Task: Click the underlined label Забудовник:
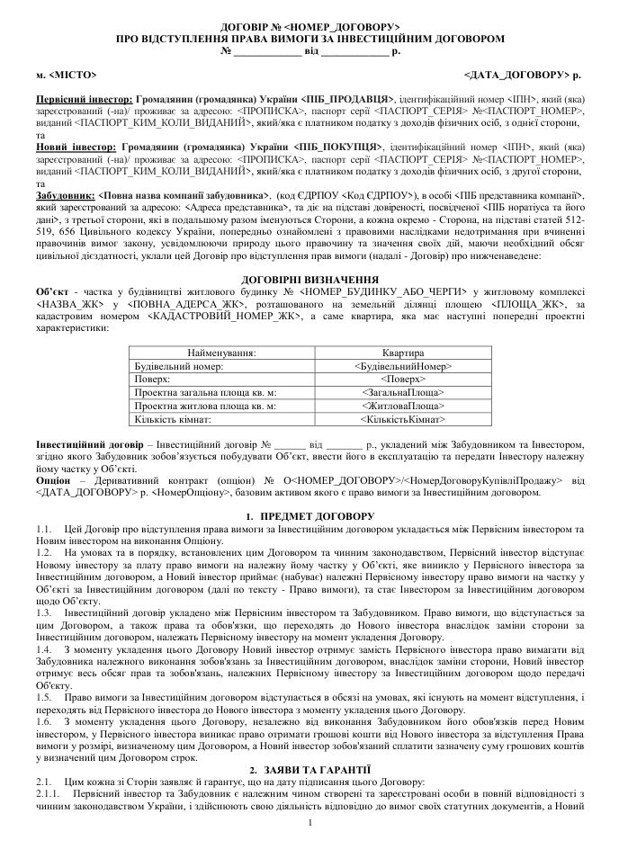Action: [63, 195]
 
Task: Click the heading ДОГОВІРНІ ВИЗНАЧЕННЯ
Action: [309, 280]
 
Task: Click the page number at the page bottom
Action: [309, 822]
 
